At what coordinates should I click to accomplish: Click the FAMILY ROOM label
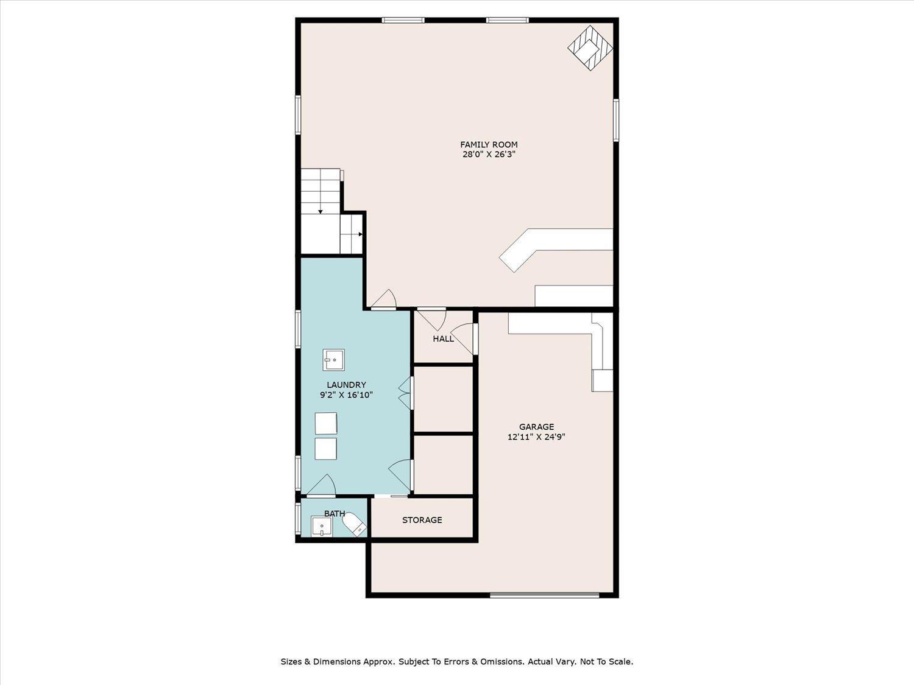click(x=489, y=145)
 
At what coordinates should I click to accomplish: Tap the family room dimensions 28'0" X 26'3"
click(x=489, y=155)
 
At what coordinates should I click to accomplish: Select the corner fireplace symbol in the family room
click(x=590, y=48)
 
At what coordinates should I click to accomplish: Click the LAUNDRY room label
click(x=346, y=385)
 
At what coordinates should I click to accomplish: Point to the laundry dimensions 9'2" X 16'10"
click(x=346, y=395)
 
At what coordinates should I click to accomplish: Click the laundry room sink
click(x=333, y=360)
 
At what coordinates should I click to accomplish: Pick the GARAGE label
click(x=536, y=427)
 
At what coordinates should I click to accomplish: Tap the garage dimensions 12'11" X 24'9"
click(x=536, y=437)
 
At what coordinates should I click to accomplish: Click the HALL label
click(x=443, y=339)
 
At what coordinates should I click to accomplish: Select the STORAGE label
click(x=422, y=520)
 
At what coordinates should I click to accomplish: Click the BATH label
click(x=335, y=514)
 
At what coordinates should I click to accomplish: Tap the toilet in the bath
click(x=354, y=524)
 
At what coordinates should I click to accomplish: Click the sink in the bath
click(x=322, y=527)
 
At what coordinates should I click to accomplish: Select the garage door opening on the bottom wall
click(x=544, y=595)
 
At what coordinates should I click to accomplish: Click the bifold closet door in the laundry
click(x=406, y=393)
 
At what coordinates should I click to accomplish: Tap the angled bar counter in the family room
click(x=556, y=250)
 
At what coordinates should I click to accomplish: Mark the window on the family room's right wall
click(x=616, y=120)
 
